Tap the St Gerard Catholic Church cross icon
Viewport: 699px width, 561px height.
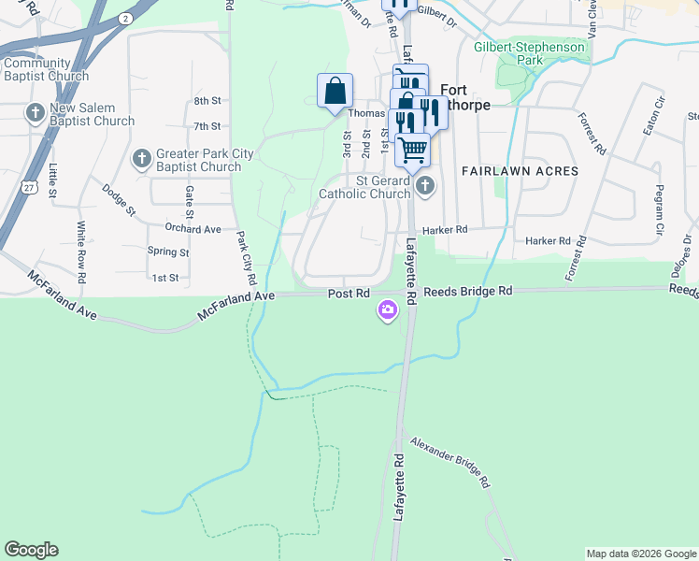pos(425,185)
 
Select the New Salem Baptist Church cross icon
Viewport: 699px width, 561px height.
pos(35,114)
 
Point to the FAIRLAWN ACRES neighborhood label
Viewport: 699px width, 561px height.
pos(520,171)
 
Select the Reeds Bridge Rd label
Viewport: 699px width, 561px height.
pos(467,292)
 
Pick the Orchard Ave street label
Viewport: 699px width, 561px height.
pos(193,228)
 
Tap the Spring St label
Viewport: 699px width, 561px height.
pos(168,252)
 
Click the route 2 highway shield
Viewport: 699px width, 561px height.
pos(126,19)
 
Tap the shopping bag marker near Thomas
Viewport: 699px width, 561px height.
pos(335,91)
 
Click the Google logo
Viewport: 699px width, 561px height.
pos(31,550)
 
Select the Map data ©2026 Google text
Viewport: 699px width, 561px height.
pos(640,554)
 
